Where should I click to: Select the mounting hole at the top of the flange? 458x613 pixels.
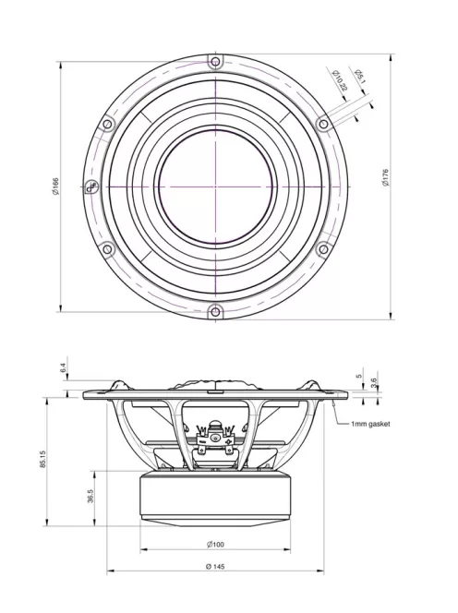[215, 62]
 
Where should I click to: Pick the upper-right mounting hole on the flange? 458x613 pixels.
[322, 124]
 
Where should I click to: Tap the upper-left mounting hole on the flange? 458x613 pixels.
[107, 124]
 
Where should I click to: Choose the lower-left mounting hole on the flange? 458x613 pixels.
[107, 247]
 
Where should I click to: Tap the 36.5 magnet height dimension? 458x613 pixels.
[89, 498]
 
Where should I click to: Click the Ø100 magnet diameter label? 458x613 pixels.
[215, 544]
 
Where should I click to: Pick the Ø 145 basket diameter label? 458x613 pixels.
[215, 566]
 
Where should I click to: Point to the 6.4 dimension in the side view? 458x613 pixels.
[63, 368]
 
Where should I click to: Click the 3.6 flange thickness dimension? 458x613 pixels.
[372, 381]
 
